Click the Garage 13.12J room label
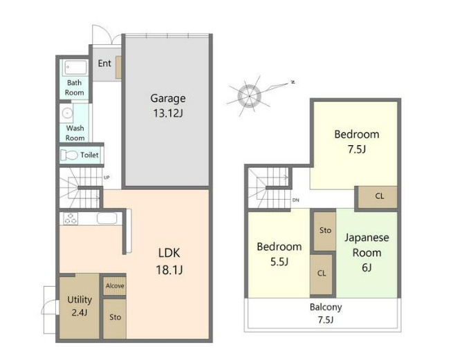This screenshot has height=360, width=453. tap(168, 106)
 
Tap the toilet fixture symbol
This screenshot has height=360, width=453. tap(69, 155)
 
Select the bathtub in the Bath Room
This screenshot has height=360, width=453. tap(75, 68)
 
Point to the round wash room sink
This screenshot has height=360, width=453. tap(67, 113)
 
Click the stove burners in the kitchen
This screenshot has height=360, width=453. tap(71, 218)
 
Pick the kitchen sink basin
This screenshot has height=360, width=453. tap(107, 218)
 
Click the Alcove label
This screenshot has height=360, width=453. tap(115, 286)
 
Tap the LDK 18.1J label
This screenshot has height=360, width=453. tap(169, 261)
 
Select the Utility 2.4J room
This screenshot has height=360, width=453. tap(80, 305)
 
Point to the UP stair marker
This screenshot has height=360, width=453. tap(107, 178)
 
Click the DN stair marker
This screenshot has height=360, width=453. tap(295, 200)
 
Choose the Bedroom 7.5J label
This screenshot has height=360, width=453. tap(357, 142)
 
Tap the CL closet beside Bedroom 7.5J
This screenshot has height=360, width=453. tap(378, 197)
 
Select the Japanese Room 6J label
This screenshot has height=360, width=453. tap(367, 253)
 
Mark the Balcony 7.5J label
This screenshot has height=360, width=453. tap(326, 313)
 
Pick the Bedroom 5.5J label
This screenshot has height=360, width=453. tap(279, 254)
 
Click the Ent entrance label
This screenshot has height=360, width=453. tap(104, 63)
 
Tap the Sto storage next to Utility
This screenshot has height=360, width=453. tap(115, 319)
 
